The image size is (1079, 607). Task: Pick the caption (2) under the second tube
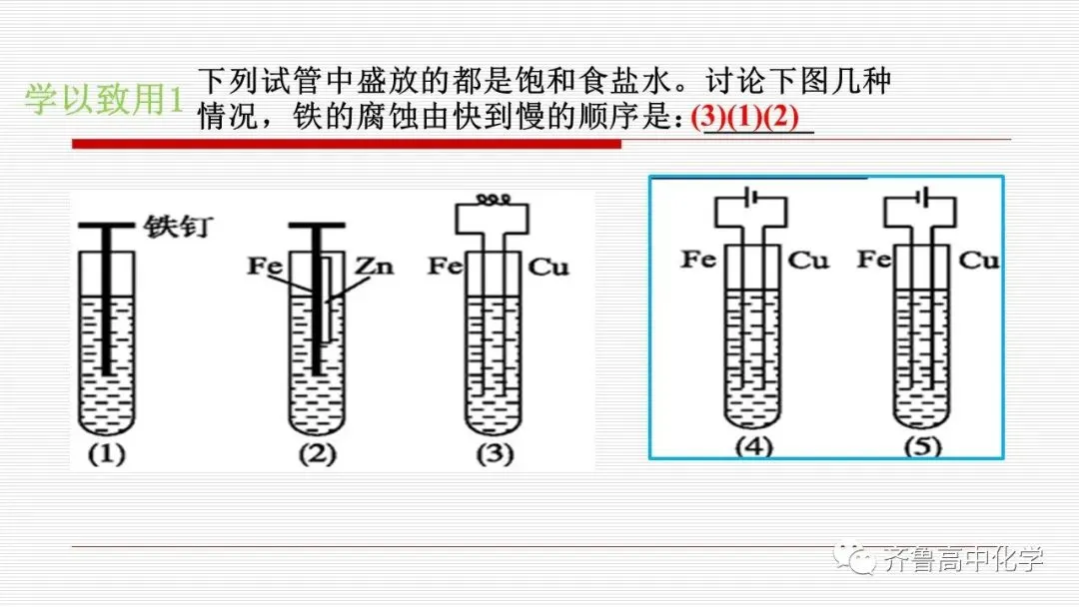317,455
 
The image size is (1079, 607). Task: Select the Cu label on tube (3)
548,268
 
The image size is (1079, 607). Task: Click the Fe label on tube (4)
699,260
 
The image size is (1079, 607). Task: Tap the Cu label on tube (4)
809,261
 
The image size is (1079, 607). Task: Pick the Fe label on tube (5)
873,260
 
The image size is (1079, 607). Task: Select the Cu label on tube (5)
979,261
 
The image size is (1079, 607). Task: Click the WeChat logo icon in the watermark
857,558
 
